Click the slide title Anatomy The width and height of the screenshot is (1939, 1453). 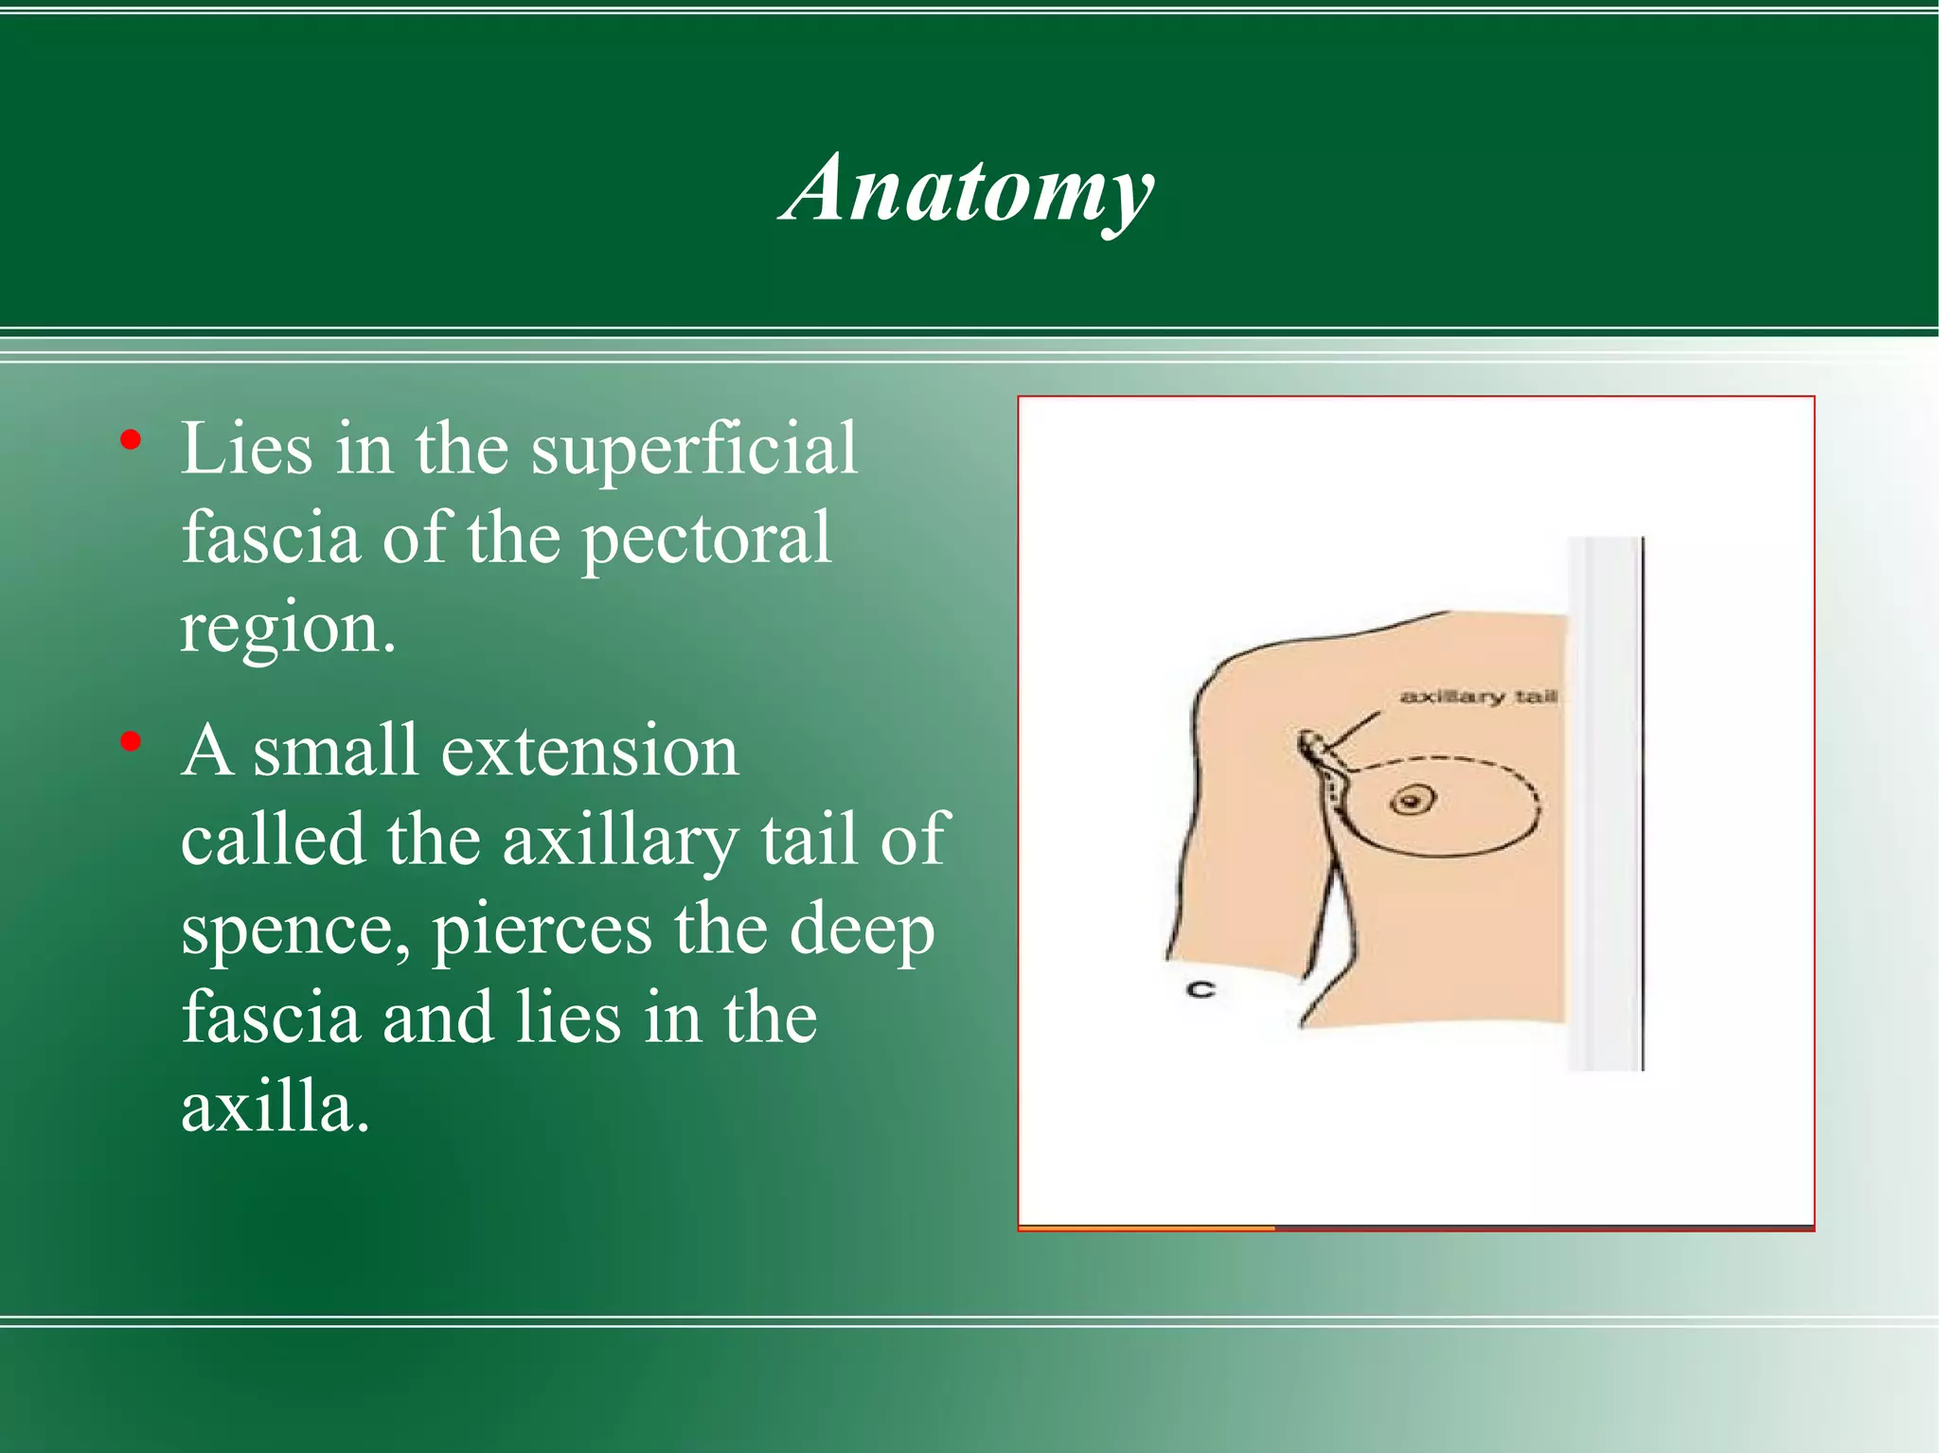[968, 189]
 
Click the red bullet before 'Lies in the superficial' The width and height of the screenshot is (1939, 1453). [132, 440]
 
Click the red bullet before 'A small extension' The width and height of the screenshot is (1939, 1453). [132, 742]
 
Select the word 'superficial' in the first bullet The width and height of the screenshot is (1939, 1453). [694, 449]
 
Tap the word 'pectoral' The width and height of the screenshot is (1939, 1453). [705, 539]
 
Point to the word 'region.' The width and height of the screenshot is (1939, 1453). [288, 629]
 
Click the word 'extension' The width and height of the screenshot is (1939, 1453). [589, 752]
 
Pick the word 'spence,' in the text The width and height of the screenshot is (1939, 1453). [296, 930]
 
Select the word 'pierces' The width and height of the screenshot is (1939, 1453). [543, 930]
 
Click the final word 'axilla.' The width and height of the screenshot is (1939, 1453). [275, 1107]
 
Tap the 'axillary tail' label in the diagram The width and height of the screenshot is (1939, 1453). [1478, 698]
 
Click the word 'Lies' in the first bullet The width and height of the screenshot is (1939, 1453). [246, 449]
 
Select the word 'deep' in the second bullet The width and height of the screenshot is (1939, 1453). [862, 930]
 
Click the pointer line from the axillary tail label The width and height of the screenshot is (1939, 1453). [1354, 734]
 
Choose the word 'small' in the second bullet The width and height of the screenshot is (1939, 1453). [334, 752]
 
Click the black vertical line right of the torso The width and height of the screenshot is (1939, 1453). [1643, 805]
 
